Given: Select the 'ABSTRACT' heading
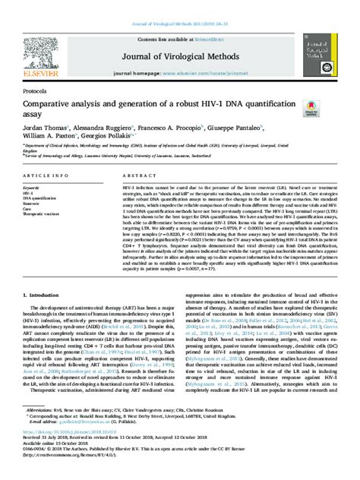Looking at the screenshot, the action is pyautogui.click(x=134, y=175).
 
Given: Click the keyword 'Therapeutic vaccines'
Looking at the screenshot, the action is pyautogui.click(x=42, y=214).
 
